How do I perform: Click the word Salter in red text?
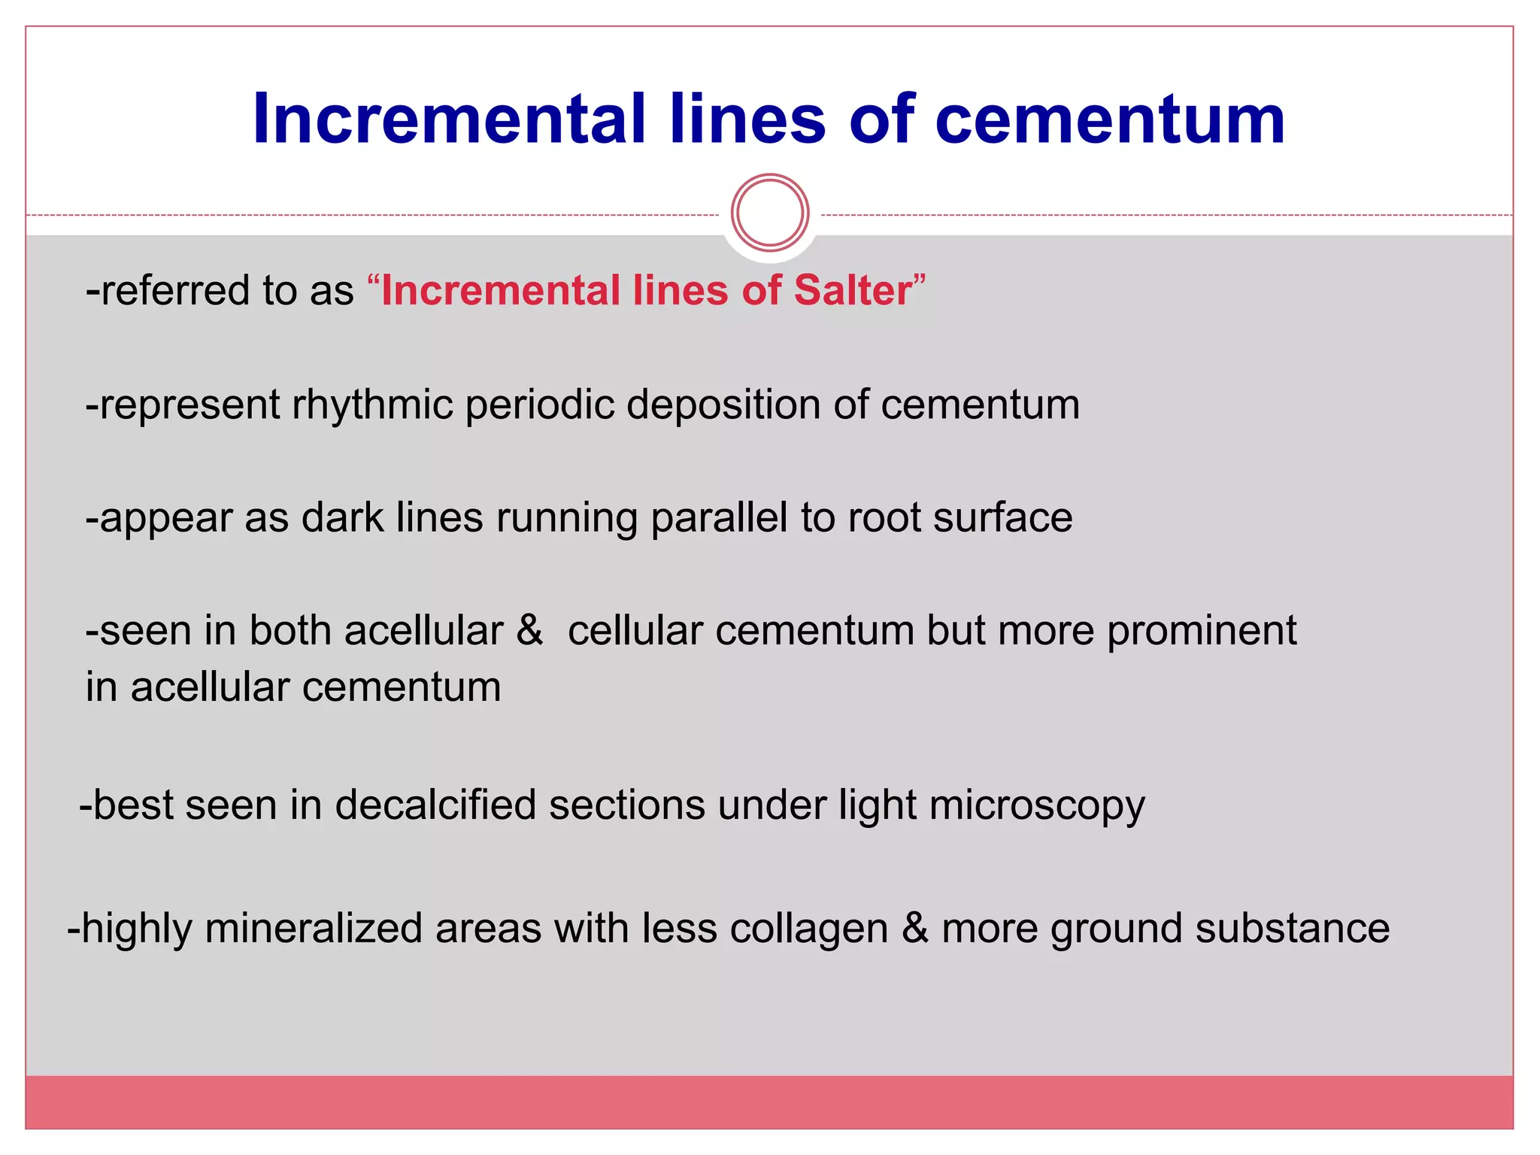click(x=853, y=290)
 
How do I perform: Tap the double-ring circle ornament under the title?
click(x=770, y=213)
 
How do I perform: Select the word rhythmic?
click(x=372, y=405)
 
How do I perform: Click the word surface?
click(x=1002, y=517)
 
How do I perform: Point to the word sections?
click(x=626, y=805)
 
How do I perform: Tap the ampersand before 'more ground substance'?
click(x=915, y=928)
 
